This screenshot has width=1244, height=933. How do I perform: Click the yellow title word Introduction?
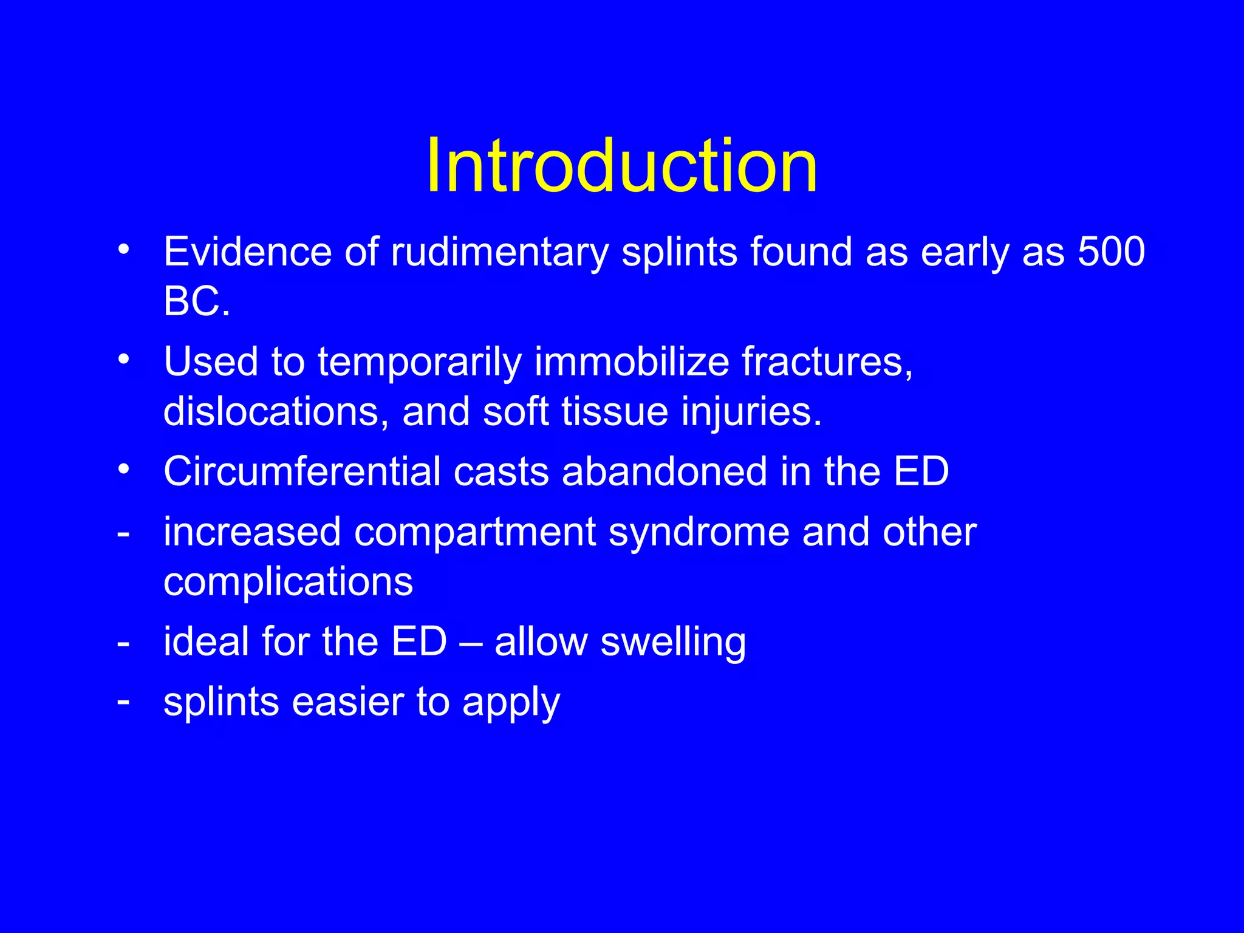click(x=621, y=165)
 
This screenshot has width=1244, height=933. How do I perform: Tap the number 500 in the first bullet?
click(x=1111, y=251)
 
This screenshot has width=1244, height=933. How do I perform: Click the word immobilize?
click(x=632, y=361)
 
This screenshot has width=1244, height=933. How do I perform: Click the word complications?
click(x=288, y=582)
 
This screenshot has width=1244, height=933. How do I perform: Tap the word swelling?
click(x=673, y=643)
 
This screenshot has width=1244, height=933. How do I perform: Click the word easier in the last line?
click(x=347, y=702)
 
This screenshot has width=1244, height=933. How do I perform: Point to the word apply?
click(x=511, y=703)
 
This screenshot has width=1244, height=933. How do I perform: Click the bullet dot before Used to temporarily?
click(x=124, y=360)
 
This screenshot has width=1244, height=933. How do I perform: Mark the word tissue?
click(x=615, y=411)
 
